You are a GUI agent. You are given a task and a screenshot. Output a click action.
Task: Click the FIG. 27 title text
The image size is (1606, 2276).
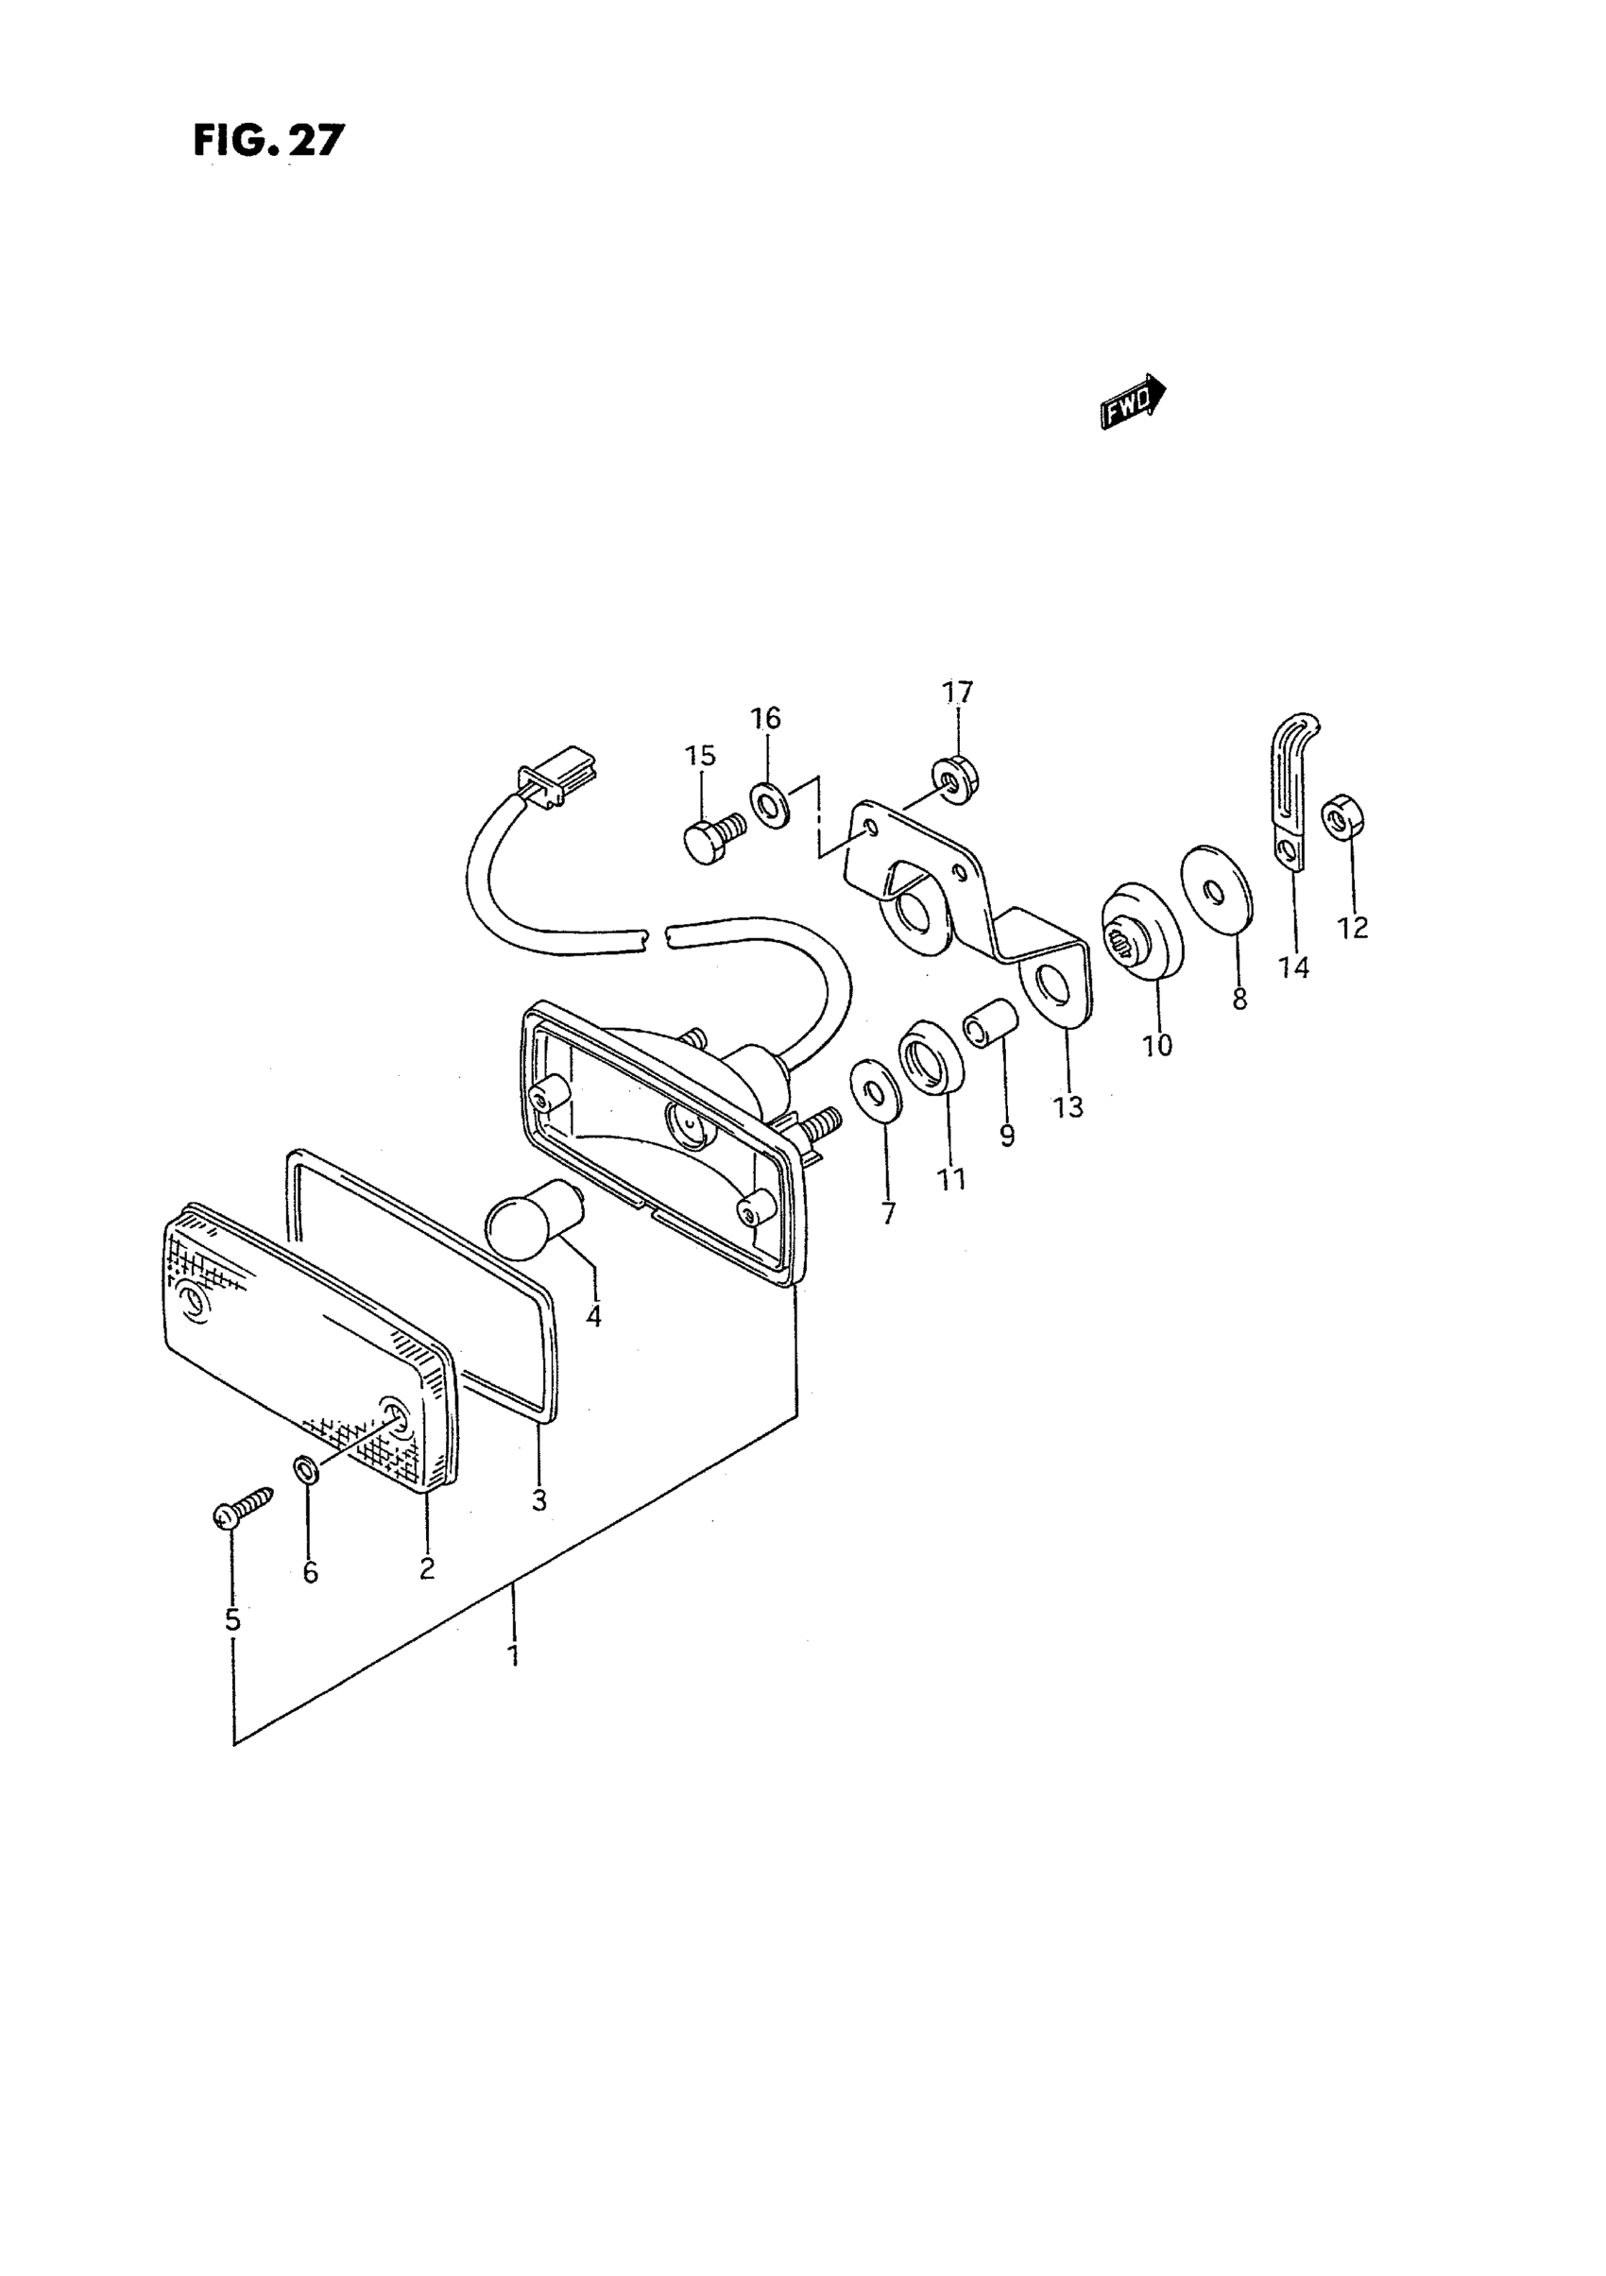coord(267,141)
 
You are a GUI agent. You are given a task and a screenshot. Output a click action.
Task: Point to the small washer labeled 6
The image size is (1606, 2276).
coord(307,1468)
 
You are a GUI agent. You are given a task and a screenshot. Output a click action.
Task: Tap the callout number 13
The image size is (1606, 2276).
coord(1068,1106)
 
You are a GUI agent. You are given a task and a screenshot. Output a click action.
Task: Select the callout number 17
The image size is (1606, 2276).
coord(958,692)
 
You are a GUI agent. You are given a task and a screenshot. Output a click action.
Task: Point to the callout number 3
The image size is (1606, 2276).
coord(539,1528)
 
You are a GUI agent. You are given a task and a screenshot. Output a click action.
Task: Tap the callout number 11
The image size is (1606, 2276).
coord(951,1179)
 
